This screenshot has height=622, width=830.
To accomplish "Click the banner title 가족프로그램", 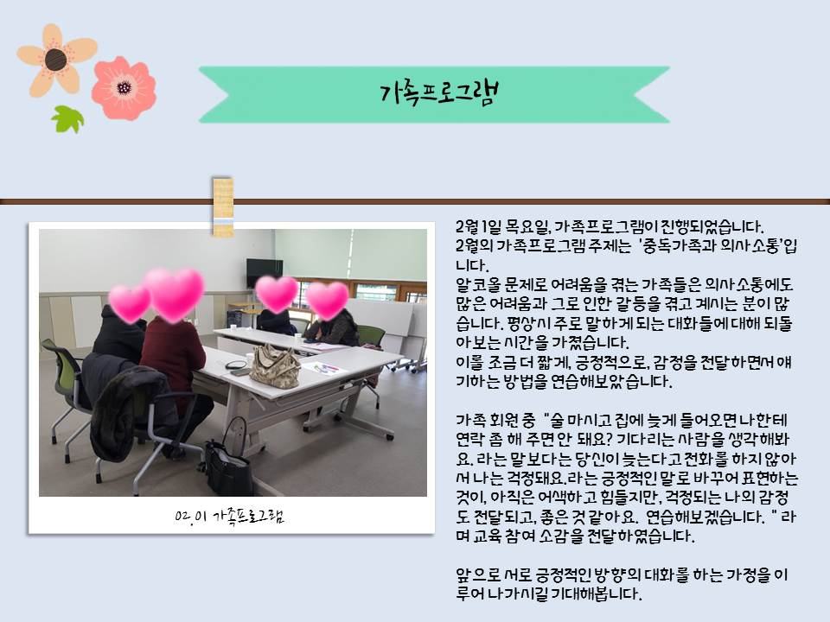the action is [x=439, y=93].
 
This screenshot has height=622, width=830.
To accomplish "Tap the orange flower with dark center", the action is [x=57, y=60].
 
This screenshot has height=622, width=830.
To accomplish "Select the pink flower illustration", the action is [x=124, y=88].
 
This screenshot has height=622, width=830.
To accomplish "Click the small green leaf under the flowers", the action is [x=67, y=118].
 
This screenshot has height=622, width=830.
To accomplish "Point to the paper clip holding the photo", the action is [x=223, y=206].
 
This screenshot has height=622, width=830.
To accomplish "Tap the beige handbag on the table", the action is [x=275, y=366].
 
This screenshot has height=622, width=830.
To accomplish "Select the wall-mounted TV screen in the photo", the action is [x=265, y=272].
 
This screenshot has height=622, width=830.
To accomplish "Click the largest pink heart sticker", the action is [x=174, y=294].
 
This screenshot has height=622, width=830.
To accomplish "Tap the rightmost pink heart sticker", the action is [x=327, y=300].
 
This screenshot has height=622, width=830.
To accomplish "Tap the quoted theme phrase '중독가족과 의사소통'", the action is [x=711, y=246].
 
